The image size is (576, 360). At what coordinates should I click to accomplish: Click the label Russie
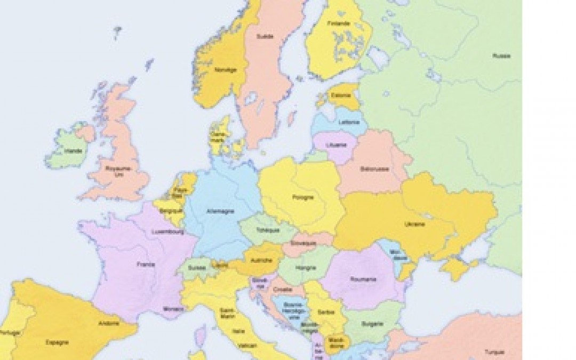pyautogui.click(x=501, y=56)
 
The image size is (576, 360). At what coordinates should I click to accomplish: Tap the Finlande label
pyautogui.click(x=339, y=24)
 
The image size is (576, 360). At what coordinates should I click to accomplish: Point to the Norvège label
pyautogui.click(x=222, y=69)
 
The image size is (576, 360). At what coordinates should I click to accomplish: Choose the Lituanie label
pyautogui.click(x=338, y=145)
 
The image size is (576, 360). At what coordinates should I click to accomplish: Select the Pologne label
pyautogui.click(x=302, y=197)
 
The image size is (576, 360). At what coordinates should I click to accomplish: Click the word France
pyautogui.click(x=142, y=264)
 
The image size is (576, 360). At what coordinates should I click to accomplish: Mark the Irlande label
pyautogui.click(x=73, y=151)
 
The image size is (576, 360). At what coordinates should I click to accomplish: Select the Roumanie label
pyautogui.click(x=364, y=279)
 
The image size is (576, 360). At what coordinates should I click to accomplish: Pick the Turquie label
pyautogui.click(x=494, y=351)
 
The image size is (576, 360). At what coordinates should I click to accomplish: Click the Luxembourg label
pyautogui.click(x=167, y=232)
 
